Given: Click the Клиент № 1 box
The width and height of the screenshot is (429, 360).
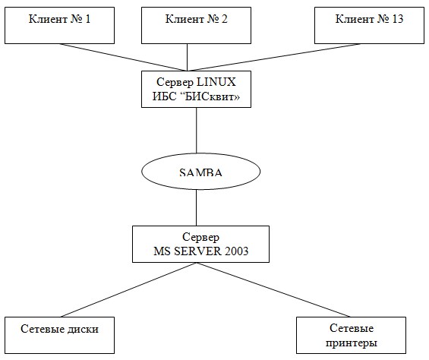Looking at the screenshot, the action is (59, 26).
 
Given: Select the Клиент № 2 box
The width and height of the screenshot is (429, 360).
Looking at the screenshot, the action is (196, 26).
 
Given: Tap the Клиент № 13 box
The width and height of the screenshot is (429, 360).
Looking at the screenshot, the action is (369, 26).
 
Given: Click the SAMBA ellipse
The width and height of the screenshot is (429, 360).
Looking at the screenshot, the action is (200, 172).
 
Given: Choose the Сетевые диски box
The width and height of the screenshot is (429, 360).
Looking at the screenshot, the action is (59, 336).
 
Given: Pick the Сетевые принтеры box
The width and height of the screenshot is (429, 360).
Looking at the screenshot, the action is (351, 336).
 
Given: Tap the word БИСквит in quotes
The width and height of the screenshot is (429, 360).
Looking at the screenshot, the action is (210, 96).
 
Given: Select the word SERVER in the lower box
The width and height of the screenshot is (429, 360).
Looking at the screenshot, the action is (198, 251).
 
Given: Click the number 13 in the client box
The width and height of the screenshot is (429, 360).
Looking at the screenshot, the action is (398, 19).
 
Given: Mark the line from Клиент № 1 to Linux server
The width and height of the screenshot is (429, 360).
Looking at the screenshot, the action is (122, 57).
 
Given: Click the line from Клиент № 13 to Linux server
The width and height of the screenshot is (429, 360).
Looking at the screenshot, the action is (274, 57).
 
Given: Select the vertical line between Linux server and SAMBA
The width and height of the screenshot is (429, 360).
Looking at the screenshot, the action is (196, 131).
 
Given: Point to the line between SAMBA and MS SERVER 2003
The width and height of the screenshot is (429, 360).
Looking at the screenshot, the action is (196, 208).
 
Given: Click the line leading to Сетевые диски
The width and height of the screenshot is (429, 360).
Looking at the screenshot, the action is (128, 289).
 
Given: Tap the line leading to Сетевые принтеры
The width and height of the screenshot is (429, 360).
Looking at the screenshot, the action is (273, 289).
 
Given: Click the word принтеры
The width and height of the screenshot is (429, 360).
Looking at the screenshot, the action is (352, 343).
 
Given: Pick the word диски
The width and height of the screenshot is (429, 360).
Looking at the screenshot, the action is (83, 329).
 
